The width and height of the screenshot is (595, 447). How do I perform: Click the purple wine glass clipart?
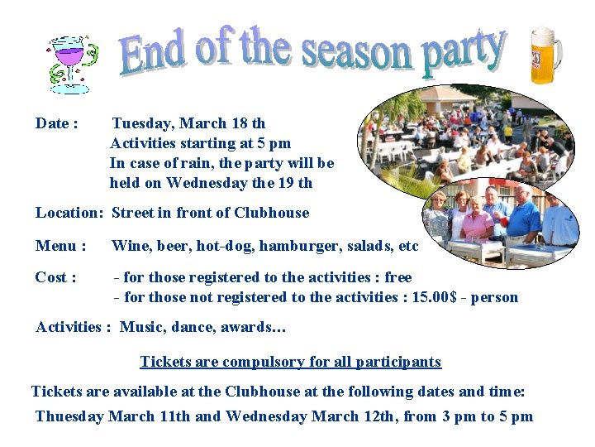pos(70,60)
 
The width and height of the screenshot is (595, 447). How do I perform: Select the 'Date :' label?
pos(57,123)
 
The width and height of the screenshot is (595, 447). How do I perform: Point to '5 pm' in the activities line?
pos(274,143)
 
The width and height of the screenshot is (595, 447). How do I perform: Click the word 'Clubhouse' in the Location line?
pos(271,213)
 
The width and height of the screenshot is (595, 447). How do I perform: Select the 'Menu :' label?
pos(60,246)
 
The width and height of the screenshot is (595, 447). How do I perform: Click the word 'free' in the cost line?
pos(397,277)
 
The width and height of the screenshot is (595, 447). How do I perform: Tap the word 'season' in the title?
pos(356,52)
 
